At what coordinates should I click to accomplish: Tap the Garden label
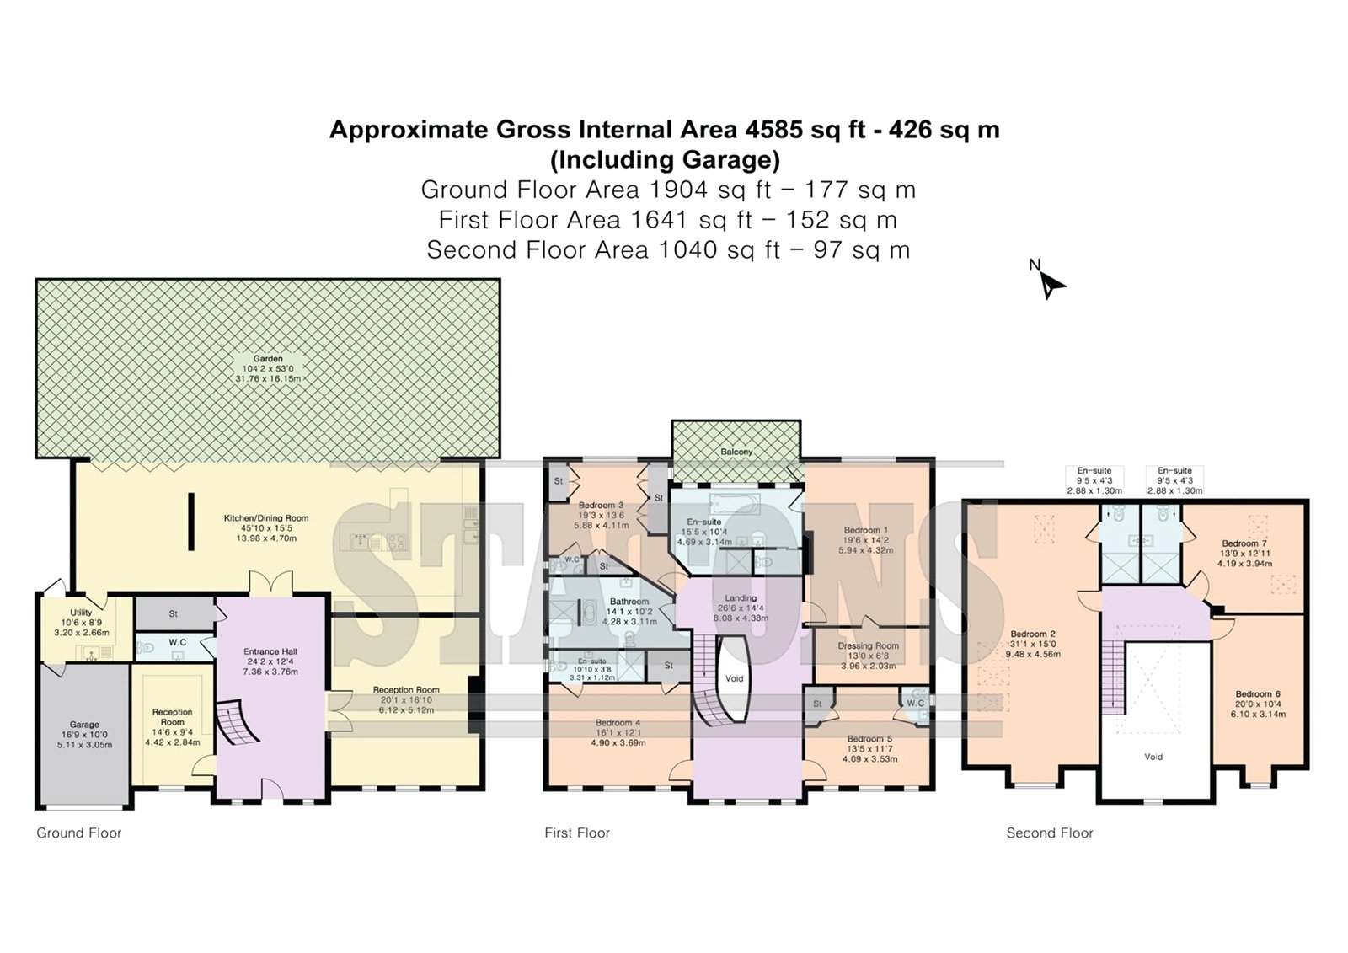[268, 359]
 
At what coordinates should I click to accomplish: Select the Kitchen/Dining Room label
[266, 517]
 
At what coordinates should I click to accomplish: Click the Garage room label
[83, 725]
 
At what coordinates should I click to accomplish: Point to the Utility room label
[81, 613]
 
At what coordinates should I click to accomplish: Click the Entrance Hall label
[270, 651]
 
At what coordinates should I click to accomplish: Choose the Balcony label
[736, 452]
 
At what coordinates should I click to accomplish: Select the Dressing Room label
[868, 645]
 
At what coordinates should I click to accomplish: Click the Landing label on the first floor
[741, 597]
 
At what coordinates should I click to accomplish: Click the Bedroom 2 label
[1033, 634]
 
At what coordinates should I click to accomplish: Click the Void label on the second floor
[1153, 757]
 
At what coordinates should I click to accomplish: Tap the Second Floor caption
[1050, 833]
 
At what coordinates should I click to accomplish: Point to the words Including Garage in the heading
[665, 159]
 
